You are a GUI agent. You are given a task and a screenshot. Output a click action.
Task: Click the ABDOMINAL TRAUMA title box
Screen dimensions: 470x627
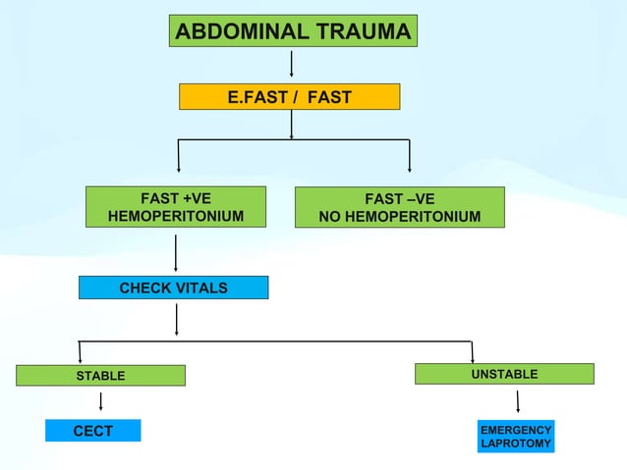293,31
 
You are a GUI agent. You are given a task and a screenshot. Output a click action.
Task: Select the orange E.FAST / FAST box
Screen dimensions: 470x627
289,97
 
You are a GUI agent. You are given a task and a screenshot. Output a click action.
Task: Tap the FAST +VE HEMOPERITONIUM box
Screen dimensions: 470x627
176,206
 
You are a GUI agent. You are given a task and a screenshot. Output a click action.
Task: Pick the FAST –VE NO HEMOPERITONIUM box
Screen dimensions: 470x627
400,207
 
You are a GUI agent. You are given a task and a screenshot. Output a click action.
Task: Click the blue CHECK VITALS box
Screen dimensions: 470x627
173,287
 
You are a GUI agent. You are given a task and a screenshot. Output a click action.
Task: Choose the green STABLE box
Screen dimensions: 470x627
100,375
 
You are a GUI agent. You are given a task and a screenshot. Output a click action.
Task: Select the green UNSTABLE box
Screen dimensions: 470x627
504,373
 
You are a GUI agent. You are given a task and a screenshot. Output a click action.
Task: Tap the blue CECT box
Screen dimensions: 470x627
93,431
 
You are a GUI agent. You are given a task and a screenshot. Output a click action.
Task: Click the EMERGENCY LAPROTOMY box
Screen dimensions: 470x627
516,438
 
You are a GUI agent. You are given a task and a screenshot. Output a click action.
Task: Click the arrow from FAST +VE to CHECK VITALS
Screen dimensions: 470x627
176,252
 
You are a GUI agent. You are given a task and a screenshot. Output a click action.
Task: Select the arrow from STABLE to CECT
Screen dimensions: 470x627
101,401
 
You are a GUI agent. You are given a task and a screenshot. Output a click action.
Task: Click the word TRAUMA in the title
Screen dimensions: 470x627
364,31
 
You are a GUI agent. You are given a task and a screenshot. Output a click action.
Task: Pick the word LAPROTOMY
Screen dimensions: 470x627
516,445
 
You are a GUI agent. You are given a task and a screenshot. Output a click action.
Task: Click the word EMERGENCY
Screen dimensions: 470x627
516,431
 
